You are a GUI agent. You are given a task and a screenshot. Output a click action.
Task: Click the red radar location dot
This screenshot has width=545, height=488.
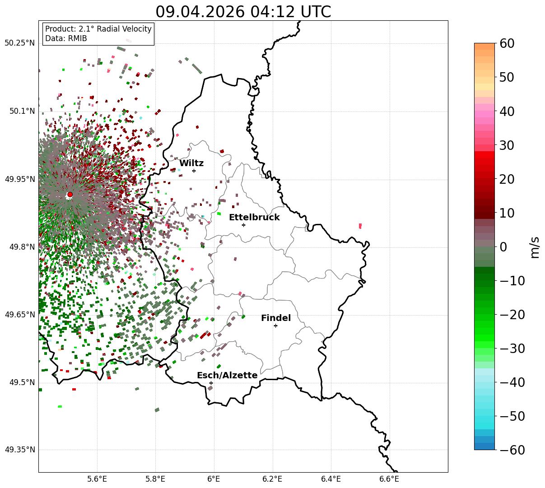(70, 194)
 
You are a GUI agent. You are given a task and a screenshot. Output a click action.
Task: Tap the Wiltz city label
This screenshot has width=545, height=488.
(191, 163)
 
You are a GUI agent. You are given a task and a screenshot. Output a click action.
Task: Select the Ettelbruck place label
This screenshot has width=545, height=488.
(254, 217)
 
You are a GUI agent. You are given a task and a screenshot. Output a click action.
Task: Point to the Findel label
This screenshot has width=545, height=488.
(276, 318)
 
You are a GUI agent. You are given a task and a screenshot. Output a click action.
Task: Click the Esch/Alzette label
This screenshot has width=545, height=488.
(227, 375)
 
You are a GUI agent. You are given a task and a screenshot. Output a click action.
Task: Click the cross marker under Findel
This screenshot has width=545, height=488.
(275, 326)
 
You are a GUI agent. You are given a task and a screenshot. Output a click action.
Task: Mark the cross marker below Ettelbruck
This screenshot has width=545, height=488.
(243, 225)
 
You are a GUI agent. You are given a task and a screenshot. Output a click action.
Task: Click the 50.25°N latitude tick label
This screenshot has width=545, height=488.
(19, 43)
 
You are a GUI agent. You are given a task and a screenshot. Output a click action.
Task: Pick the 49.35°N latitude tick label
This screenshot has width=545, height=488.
(19, 450)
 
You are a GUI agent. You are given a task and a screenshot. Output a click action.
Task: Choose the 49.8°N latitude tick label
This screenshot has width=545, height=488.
(22, 246)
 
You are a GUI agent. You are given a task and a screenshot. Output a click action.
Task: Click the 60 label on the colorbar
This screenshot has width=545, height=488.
(507, 43)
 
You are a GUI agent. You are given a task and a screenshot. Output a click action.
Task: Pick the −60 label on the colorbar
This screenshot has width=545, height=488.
(512, 450)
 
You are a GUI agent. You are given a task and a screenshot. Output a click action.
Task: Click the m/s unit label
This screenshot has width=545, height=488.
(535, 247)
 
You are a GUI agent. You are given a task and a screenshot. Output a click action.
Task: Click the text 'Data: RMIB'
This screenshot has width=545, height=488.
(66, 38)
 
